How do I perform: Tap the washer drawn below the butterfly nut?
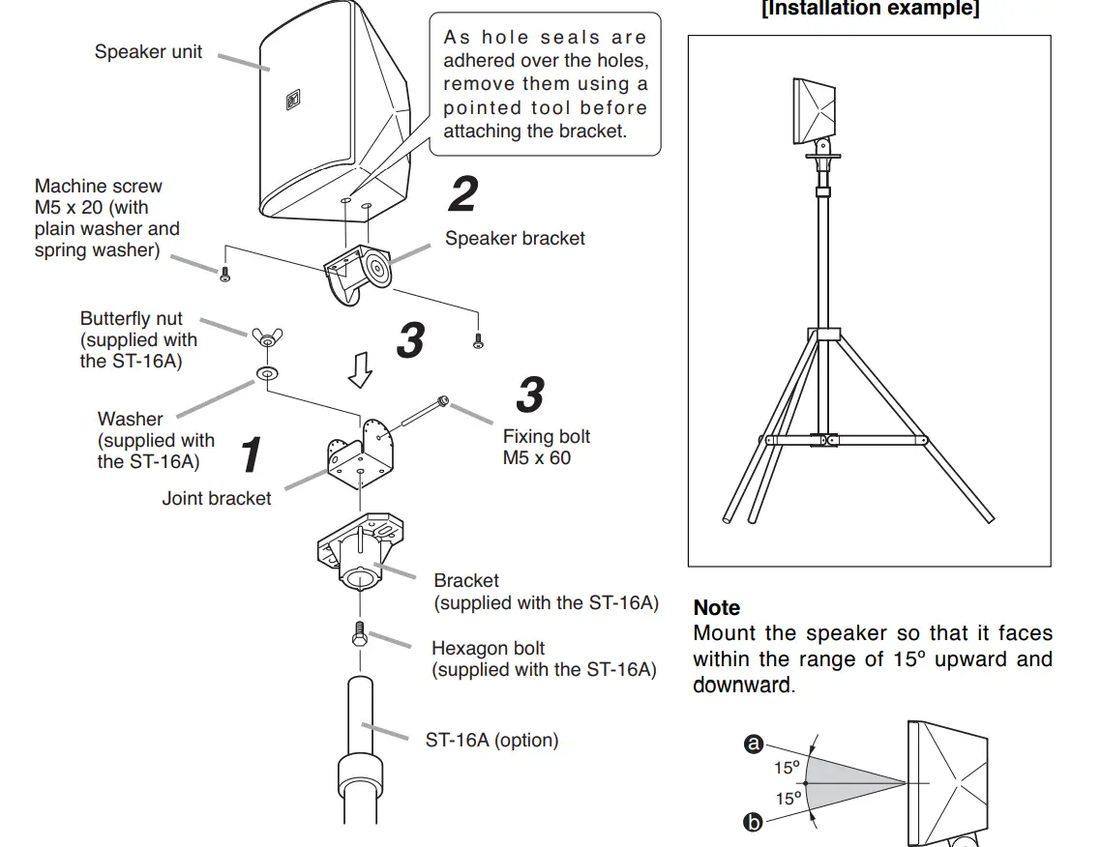pyautogui.click(x=264, y=372)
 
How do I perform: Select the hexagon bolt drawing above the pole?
pyautogui.click(x=360, y=635)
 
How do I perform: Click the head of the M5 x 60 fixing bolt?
pyautogui.click(x=443, y=400)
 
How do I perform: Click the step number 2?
pyautogui.click(x=462, y=194)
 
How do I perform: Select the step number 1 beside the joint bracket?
pyautogui.click(x=251, y=455)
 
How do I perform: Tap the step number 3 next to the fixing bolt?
pyautogui.click(x=529, y=395)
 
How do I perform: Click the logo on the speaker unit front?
pyautogui.click(x=293, y=101)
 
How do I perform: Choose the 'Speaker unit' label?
pyautogui.click(x=148, y=51)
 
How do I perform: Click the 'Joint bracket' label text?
pyautogui.click(x=217, y=499)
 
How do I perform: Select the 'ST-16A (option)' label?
pyautogui.click(x=491, y=741)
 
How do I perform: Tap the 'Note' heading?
pyautogui.click(x=717, y=608)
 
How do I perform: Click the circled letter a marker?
pyautogui.click(x=754, y=744)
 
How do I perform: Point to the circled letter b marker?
pyautogui.click(x=754, y=823)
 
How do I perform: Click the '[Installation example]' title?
pyautogui.click(x=870, y=10)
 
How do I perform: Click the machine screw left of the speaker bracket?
pyautogui.click(x=224, y=276)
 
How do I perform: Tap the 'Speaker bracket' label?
pyautogui.click(x=515, y=238)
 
